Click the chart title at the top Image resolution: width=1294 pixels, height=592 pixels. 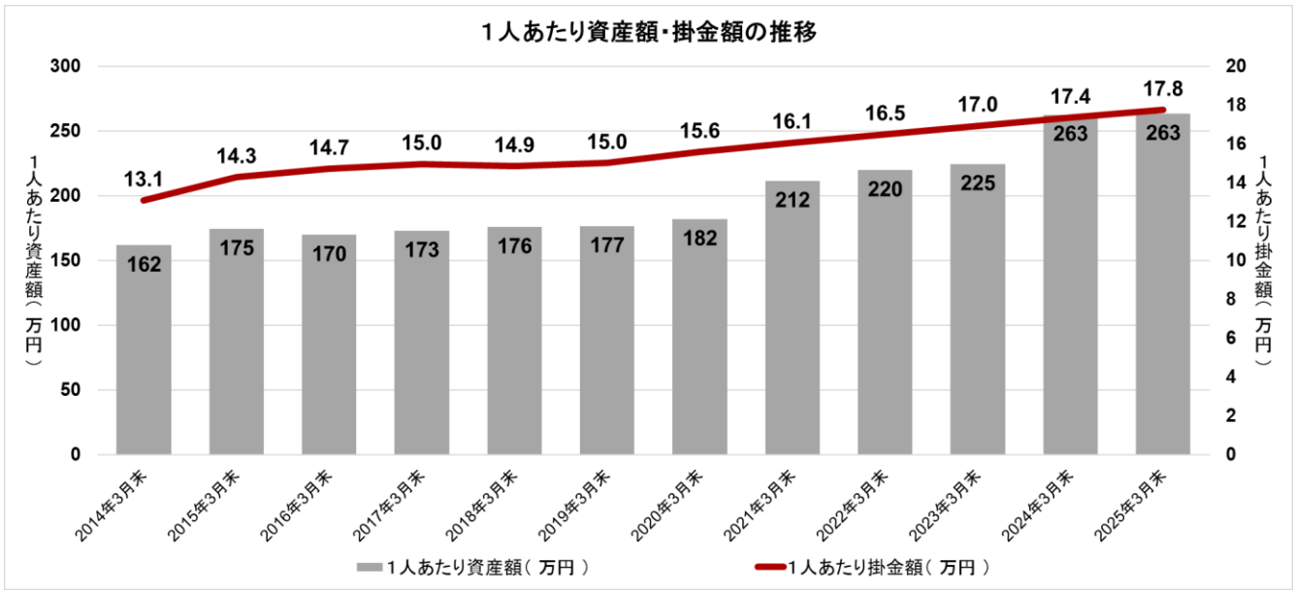click(x=648, y=32)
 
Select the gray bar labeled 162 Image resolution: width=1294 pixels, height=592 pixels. click(x=144, y=349)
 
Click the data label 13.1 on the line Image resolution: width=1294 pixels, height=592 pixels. click(x=142, y=179)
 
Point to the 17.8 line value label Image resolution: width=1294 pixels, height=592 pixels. click(x=1162, y=88)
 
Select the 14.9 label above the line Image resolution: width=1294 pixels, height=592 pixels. click(x=514, y=145)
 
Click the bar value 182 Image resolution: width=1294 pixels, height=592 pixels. click(x=699, y=240)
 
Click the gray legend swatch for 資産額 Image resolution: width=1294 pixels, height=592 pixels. click(x=369, y=566)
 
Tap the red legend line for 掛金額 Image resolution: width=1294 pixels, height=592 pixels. click(x=771, y=566)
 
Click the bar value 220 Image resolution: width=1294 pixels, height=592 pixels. click(x=885, y=189)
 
